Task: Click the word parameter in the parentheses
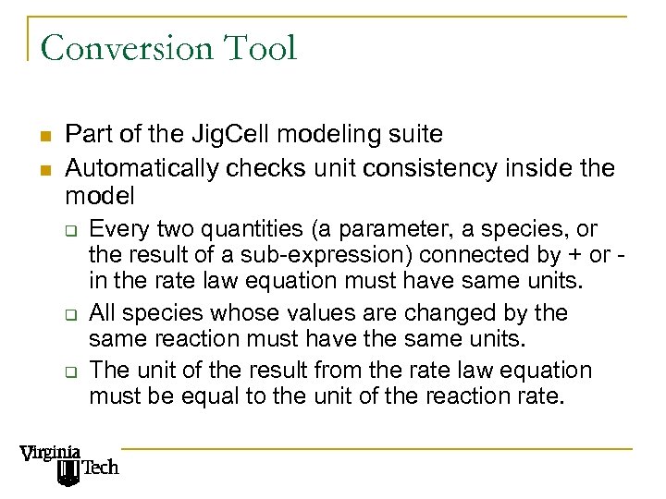[366, 228]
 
